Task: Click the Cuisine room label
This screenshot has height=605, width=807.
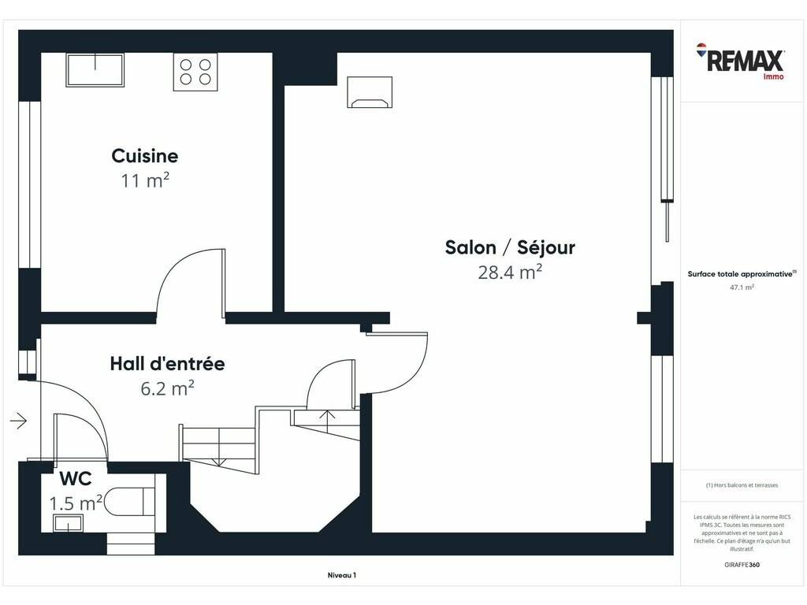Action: coord(145,156)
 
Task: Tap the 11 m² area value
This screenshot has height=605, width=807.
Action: coord(145,180)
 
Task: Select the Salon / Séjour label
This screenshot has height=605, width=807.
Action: coord(510,247)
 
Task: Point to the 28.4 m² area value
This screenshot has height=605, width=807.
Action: coord(510,272)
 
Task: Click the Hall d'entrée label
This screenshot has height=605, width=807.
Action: coord(167,364)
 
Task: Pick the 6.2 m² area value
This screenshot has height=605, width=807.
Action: coord(167,388)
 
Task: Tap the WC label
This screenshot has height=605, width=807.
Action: coord(76,478)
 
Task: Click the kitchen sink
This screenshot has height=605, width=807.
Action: coord(95,69)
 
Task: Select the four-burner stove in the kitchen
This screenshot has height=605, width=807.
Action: coord(195,72)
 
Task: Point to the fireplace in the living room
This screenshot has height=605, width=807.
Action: coord(370,92)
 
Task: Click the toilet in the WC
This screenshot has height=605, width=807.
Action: coord(130,501)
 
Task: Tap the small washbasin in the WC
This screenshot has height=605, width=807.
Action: coord(68,523)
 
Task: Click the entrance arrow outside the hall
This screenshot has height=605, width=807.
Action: coord(19,421)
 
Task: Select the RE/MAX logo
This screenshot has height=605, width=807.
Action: coord(740,61)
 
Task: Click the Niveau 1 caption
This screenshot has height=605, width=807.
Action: coord(342,575)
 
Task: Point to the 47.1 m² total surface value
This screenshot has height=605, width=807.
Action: coord(742,288)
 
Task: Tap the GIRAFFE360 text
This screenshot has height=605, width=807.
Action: coord(742,564)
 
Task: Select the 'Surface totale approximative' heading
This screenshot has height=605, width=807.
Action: coord(742,273)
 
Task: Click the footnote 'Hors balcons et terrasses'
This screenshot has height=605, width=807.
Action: coord(742,485)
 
